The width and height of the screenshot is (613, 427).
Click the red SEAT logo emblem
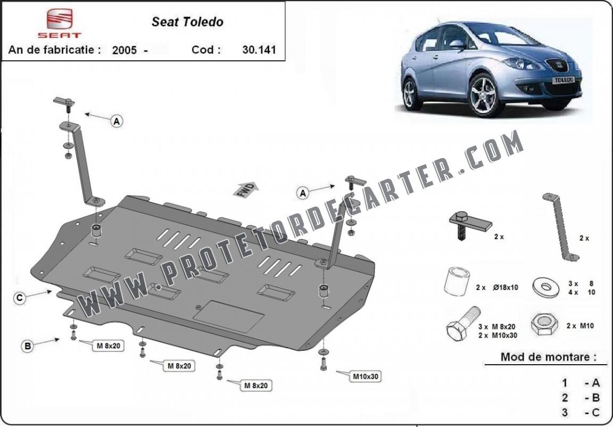[60, 19]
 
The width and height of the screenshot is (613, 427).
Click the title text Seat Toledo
[187, 22]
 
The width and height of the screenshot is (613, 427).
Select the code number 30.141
[259, 50]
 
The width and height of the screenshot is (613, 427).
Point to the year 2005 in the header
[125, 50]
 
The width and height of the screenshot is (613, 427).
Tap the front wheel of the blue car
[484, 95]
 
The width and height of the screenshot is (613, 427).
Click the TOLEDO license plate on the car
[564, 80]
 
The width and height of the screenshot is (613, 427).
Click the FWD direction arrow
[245, 190]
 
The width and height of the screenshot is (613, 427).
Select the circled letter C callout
[19, 298]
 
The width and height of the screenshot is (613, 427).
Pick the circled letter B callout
[27, 346]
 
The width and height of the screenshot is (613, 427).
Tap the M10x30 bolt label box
[366, 376]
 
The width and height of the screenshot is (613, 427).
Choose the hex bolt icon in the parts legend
[463, 323]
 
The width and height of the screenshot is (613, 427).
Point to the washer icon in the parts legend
[546, 288]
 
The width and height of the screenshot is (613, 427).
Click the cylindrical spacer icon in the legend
[457, 281]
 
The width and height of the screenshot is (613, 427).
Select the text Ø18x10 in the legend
[506, 288]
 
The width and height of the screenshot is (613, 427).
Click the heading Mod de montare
[549, 357]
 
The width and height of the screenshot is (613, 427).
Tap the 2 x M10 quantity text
[580, 325]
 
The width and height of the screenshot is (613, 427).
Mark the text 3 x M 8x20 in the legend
[497, 326]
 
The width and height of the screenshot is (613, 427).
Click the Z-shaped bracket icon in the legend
[561, 226]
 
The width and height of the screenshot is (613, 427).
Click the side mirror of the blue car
[457, 44]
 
